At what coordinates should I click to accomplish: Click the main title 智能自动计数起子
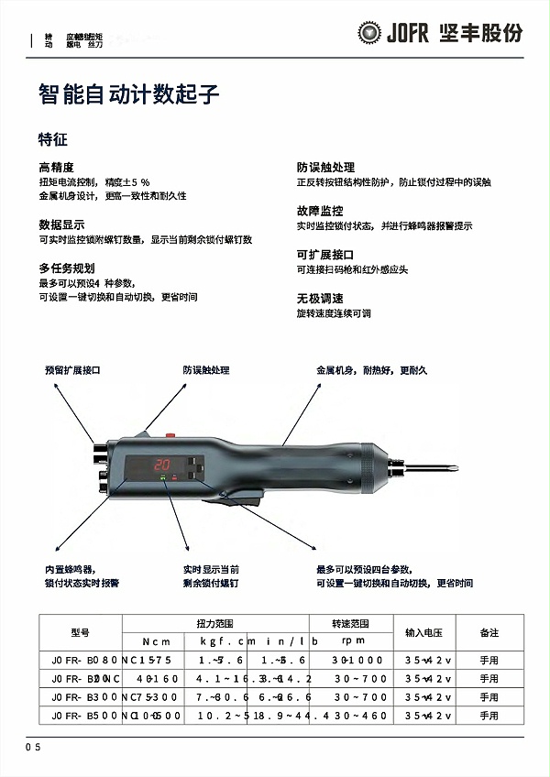coord(128,94)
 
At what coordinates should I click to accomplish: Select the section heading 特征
coord(53,140)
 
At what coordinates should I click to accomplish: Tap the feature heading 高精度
coord(56,168)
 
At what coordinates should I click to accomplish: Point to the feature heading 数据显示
coord(61,224)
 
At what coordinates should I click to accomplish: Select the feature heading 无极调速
coord(319,299)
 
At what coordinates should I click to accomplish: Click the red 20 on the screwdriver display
coord(165,464)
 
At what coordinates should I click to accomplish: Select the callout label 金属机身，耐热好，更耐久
coord(371,371)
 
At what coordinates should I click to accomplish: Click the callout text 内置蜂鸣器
coord(70,569)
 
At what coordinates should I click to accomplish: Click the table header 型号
coord(80,632)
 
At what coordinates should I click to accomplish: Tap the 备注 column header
coord(489,632)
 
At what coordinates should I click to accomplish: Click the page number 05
coord(33,748)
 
